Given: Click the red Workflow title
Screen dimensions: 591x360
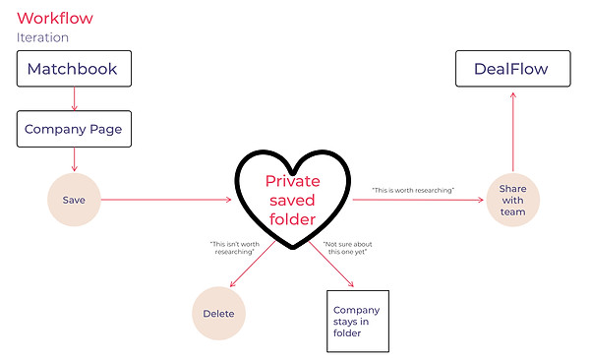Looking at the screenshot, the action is [x=55, y=18].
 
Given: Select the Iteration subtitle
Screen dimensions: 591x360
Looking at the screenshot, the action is [x=42, y=37].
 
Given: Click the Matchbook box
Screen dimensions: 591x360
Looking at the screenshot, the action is [x=75, y=69].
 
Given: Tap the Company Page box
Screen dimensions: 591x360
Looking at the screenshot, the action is [x=75, y=129].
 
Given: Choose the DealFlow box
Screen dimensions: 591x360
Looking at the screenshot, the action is [x=513, y=69].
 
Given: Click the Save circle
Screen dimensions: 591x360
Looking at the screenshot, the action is [x=74, y=200].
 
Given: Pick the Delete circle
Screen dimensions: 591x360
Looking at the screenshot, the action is [x=218, y=313].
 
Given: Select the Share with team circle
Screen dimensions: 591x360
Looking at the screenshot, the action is [x=513, y=200].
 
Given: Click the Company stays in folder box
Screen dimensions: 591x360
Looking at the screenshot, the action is [x=358, y=322].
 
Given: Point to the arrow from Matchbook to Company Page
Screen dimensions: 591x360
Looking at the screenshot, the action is [x=75, y=98].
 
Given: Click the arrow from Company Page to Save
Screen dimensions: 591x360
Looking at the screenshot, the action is [x=75, y=159].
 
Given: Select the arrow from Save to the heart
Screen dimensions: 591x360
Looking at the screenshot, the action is [x=166, y=200].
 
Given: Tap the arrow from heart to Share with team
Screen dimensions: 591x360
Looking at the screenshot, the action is [x=418, y=200].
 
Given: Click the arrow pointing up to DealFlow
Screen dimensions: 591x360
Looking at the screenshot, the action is [x=513, y=132].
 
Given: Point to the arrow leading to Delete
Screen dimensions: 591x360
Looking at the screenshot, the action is [x=253, y=264].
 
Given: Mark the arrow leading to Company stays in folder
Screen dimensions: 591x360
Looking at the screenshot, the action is [x=331, y=264].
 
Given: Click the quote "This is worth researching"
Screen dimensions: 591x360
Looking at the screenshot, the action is [x=413, y=191].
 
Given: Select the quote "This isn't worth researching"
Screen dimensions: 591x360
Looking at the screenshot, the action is [x=234, y=248].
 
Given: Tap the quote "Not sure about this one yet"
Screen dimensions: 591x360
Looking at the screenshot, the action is [x=347, y=248].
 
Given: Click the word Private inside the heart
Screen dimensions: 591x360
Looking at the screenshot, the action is [x=293, y=181].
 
